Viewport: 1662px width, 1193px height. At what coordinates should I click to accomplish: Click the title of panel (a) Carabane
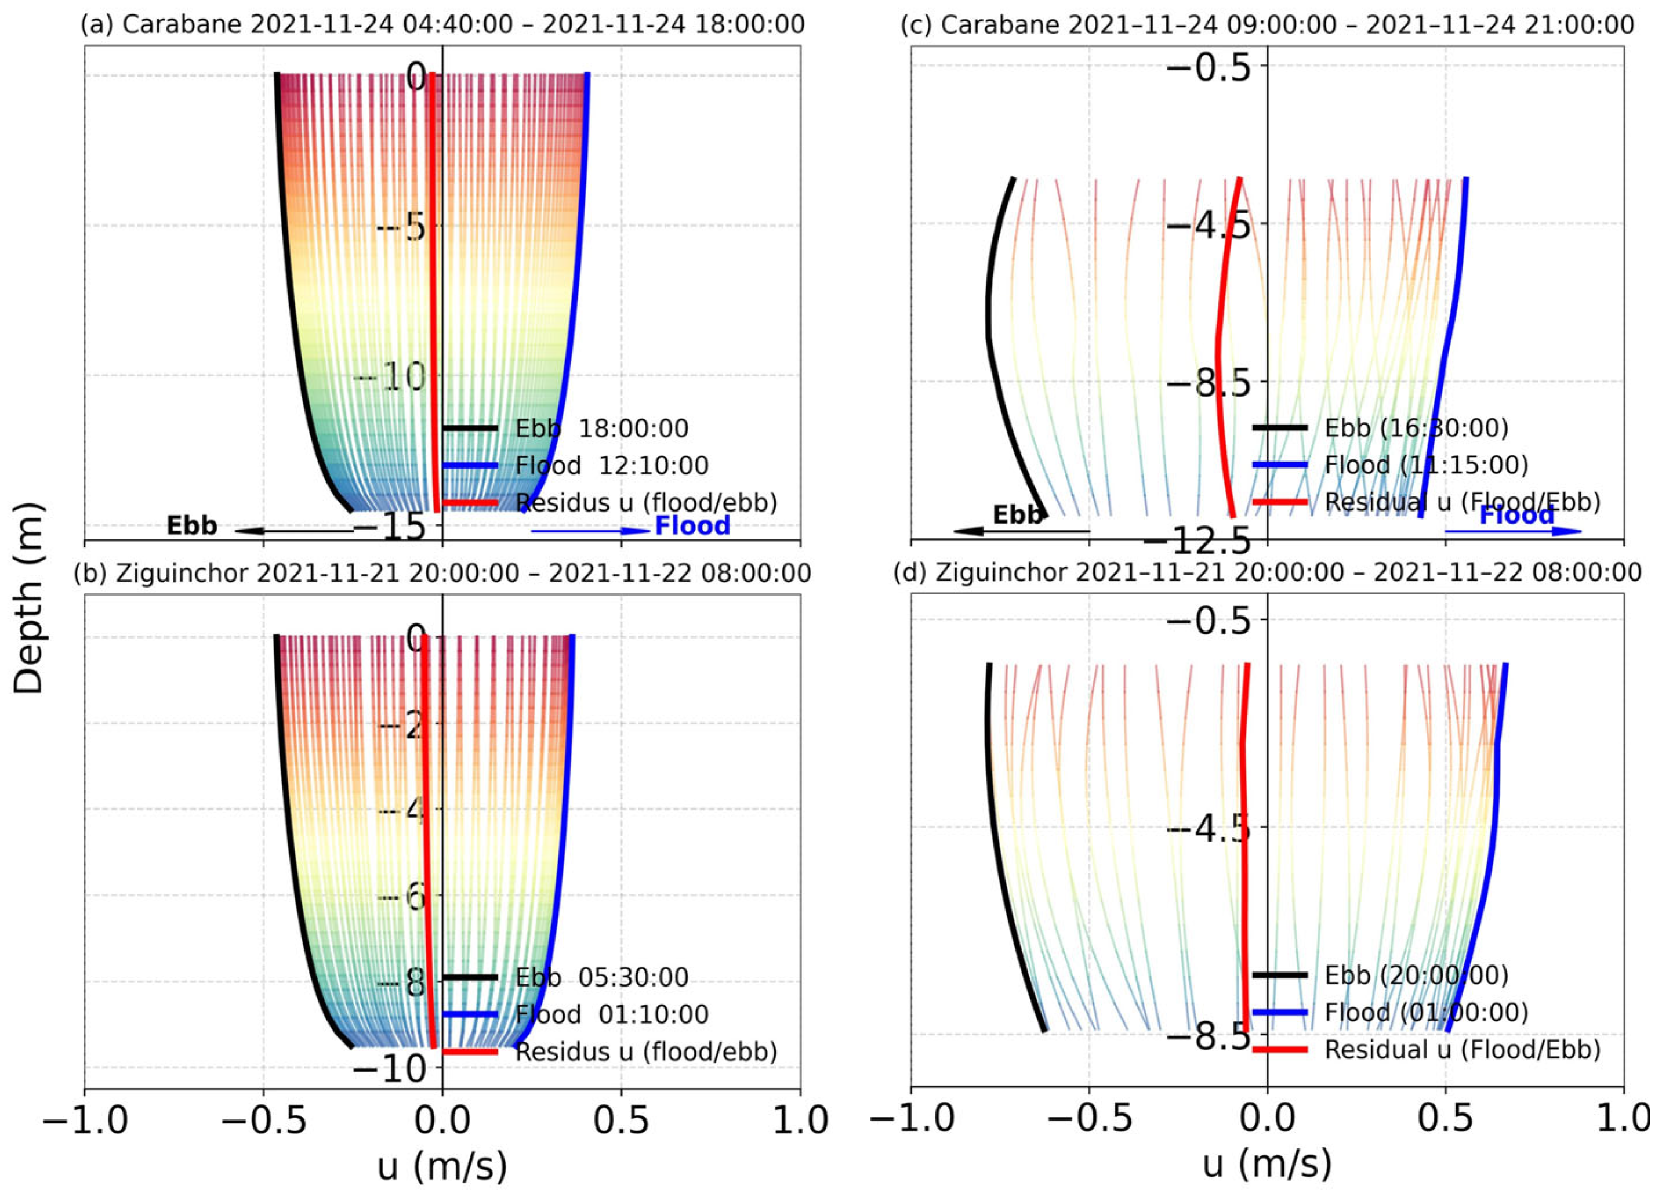tap(442, 24)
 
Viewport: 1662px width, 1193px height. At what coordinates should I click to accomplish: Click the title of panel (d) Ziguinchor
tap(1267, 572)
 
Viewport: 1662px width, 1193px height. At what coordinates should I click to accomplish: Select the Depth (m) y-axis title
tap(30, 597)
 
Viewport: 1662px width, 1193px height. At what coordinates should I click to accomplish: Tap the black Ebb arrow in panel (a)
tap(293, 531)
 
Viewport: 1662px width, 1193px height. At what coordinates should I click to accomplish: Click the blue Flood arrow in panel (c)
tap(1513, 531)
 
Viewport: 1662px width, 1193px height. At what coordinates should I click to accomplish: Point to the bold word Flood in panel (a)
tap(692, 525)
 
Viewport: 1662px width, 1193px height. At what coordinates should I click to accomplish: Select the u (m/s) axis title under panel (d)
tap(1267, 1163)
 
